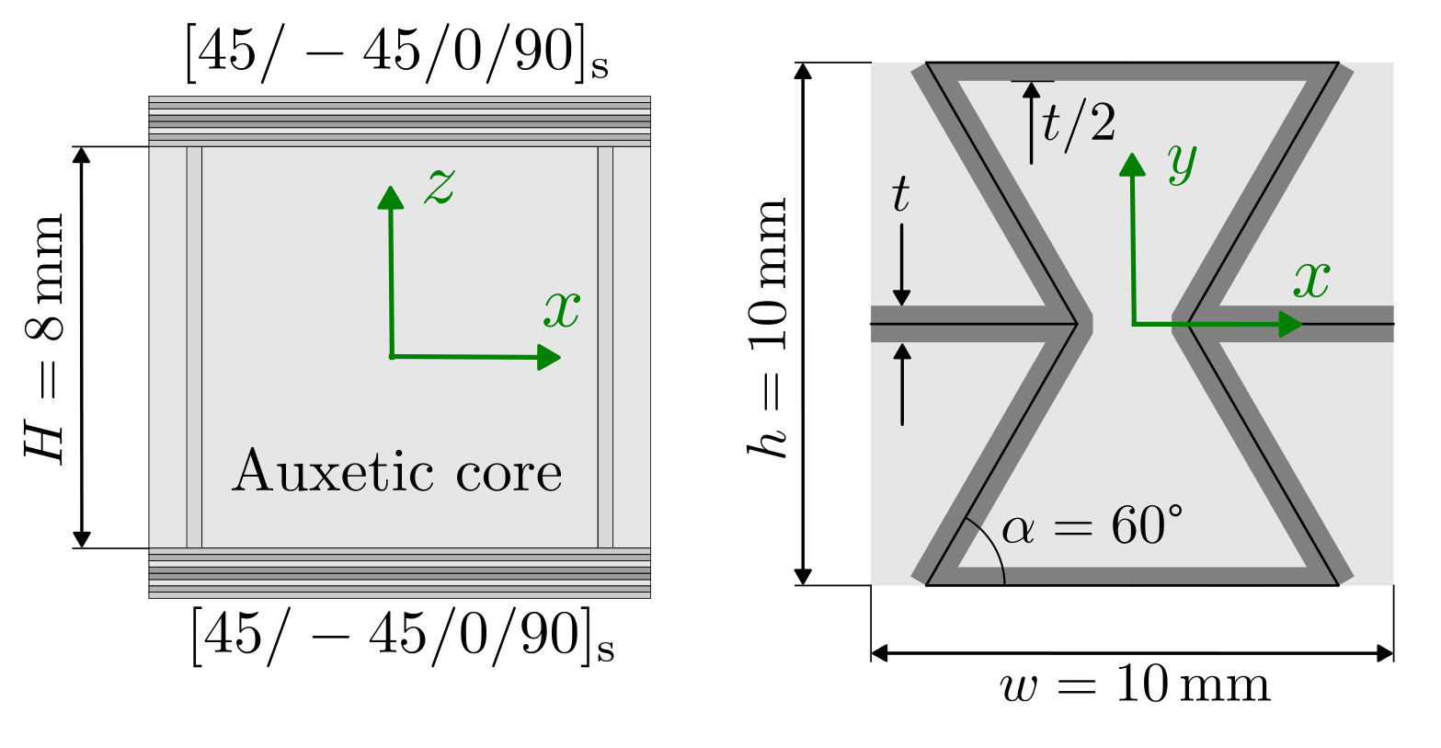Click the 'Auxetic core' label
[x=397, y=471]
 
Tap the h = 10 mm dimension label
[x=768, y=328]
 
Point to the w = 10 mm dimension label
[x=1136, y=685]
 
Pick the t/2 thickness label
[x=1079, y=122]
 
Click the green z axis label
[x=440, y=186]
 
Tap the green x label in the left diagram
[x=562, y=310]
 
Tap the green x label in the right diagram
[x=1311, y=280]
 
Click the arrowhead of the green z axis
[x=391, y=197]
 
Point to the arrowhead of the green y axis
[x=1132, y=164]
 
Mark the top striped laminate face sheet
[x=399, y=121]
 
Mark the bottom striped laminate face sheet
[x=399, y=573]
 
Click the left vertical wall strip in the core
[x=194, y=348]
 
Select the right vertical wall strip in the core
[x=605, y=348]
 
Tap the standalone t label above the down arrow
[x=900, y=194]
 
